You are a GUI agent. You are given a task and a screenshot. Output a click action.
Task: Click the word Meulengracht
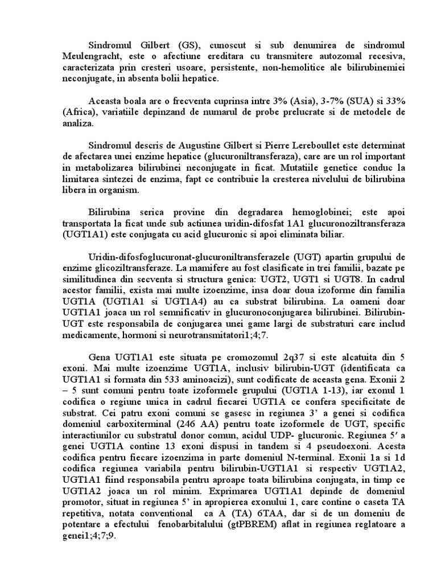(x=92, y=56)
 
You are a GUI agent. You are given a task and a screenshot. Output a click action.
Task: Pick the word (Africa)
(x=79, y=111)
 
